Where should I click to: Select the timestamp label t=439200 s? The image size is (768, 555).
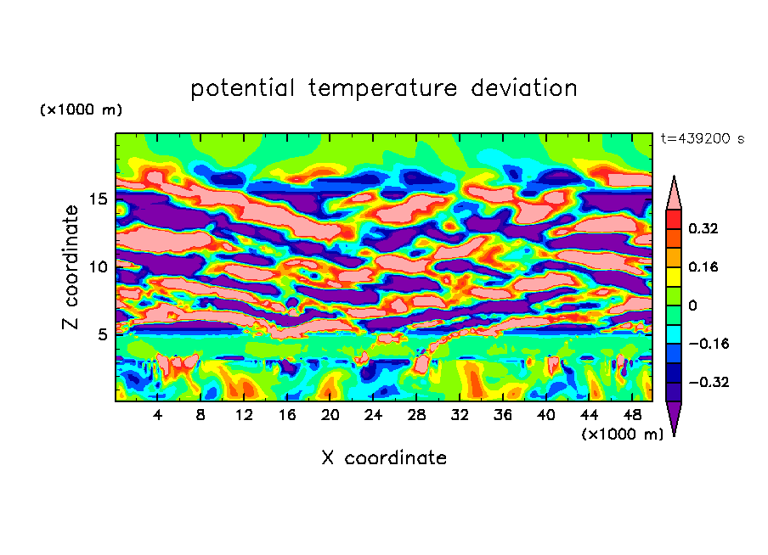coord(702,139)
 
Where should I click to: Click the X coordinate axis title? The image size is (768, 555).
coord(384,458)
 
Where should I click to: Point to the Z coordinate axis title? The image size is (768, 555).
coord(71,266)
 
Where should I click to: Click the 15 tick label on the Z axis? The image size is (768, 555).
coord(99,199)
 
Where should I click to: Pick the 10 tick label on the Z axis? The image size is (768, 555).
coord(99,267)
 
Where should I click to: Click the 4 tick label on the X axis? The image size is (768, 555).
coord(158,415)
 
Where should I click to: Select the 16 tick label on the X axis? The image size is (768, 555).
coord(287,415)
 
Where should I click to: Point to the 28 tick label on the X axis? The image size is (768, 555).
coord(416,415)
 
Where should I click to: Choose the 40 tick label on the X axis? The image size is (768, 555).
coord(545,415)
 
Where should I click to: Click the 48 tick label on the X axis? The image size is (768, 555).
coord(631,415)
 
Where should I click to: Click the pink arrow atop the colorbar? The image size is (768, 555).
coord(674,194)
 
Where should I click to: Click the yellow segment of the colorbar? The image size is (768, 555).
coord(674,276)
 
